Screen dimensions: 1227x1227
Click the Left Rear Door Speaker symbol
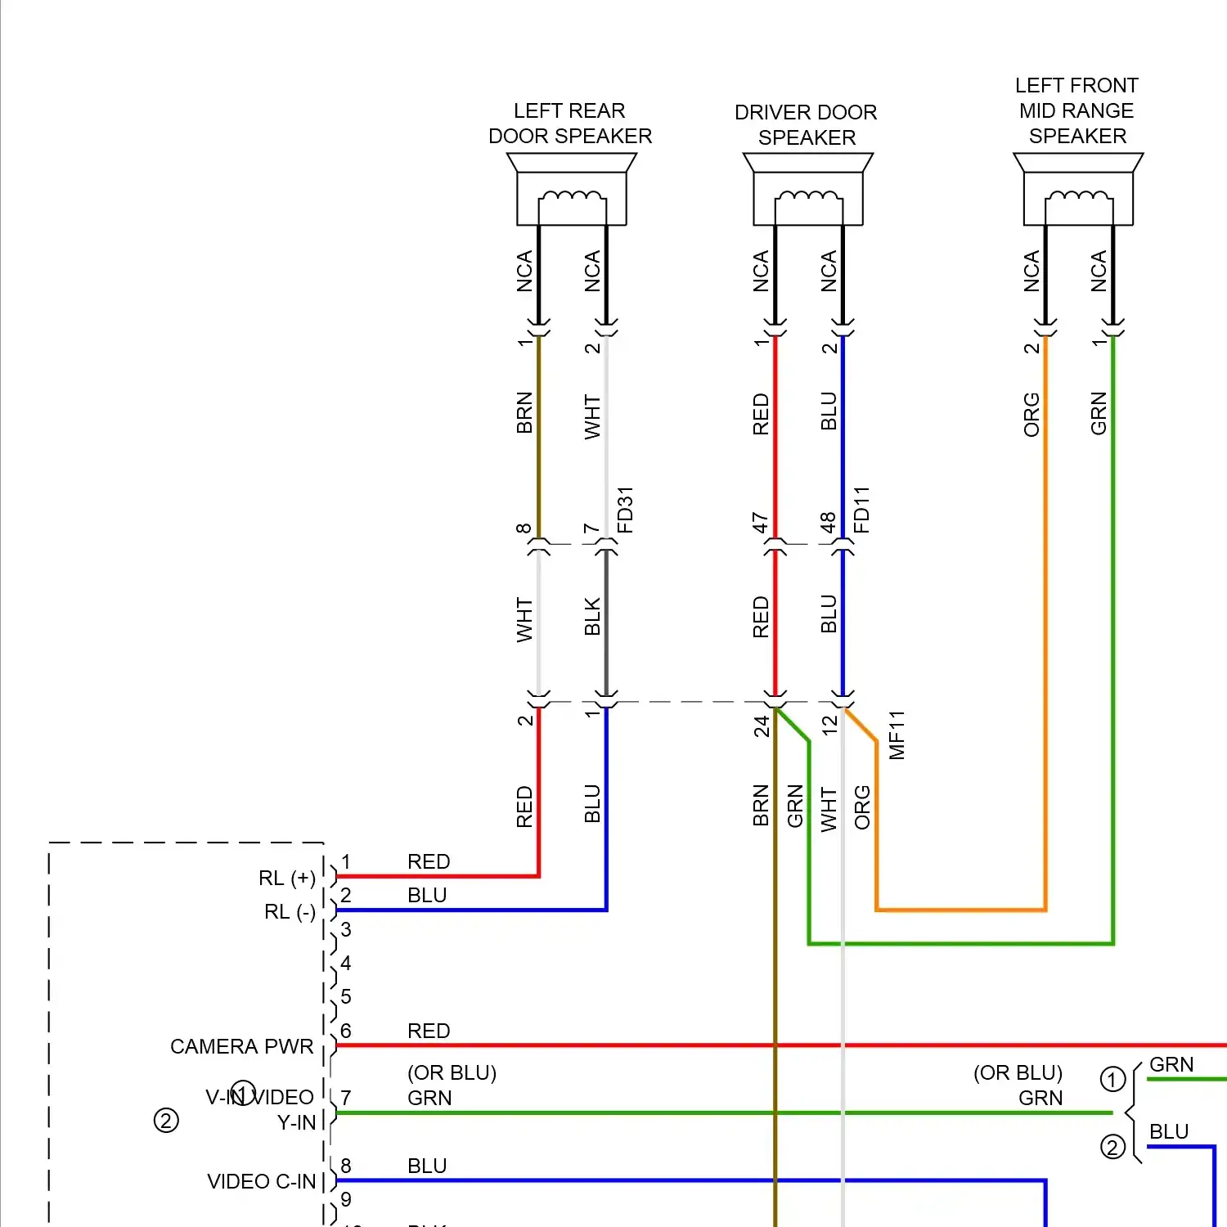[x=571, y=190]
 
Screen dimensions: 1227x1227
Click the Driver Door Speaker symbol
[x=807, y=190]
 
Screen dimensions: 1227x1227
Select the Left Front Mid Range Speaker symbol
[x=1078, y=190]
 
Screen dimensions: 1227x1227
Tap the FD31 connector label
[x=625, y=510]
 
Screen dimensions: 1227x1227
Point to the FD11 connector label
[x=861, y=510]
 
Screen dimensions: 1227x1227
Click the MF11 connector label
[x=897, y=735]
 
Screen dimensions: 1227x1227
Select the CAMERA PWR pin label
[x=241, y=1046]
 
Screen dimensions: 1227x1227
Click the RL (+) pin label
[x=286, y=878]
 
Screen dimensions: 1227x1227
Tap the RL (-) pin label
[x=290, y=911]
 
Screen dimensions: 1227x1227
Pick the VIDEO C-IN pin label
[x=261, y=1181]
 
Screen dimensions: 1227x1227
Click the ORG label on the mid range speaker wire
[x=1031, y=414]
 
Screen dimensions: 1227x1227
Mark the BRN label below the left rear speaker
[x=524, y=412]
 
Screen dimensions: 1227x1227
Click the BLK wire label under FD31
[x=592, y=616]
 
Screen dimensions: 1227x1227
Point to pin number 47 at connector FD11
[x=760, y=523]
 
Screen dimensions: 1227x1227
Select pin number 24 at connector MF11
[x=762, y=726]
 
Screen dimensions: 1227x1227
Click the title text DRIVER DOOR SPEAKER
[x=806, y=124]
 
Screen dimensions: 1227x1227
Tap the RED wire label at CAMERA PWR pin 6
[x=429, y=1031]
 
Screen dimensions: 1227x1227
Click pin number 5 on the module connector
[x=346, y=996]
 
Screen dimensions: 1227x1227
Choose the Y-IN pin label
[x=296, y=1122]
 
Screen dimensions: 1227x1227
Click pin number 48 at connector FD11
[x=828, y=523]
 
